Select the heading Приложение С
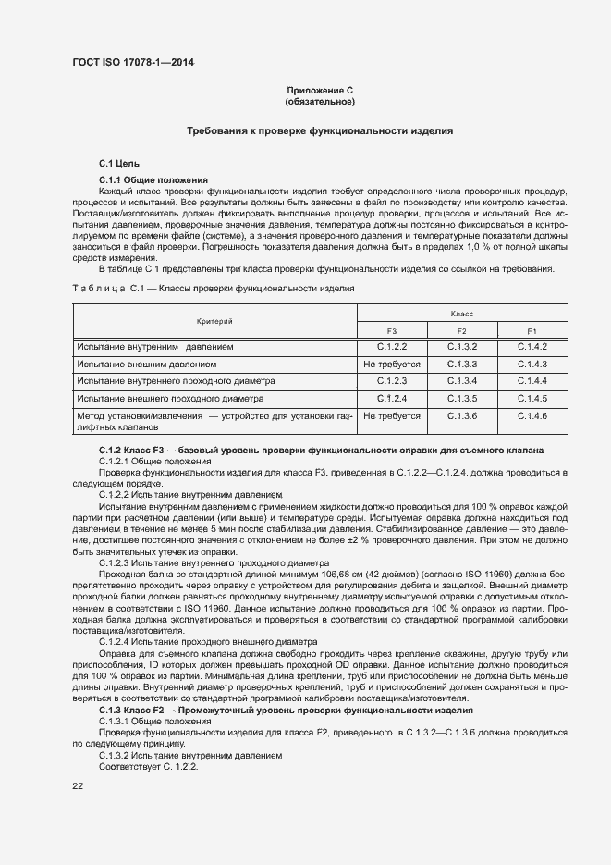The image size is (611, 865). pos(321,90)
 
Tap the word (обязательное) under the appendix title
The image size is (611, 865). pos(321,101)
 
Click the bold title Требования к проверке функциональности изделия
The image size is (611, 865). pos(320,131)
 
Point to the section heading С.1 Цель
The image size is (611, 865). pos(118,163)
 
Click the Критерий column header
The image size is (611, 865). pos(214,321)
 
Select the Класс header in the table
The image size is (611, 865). pos(462,314)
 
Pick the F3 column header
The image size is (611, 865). pos(392,330)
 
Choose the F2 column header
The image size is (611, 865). pos(461,330)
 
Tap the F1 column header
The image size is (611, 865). pos(532,330)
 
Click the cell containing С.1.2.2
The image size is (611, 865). pos(392,347)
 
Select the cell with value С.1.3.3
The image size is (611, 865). pos(461,364)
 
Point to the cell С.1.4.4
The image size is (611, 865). pos(532,380)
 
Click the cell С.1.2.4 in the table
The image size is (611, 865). pos(392,398)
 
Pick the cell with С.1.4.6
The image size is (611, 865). pos(532,416)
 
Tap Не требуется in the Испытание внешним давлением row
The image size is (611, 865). pos(392,364)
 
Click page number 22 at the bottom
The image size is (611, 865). pos(78,785)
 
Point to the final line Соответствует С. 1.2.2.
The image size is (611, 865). pos(148,767)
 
